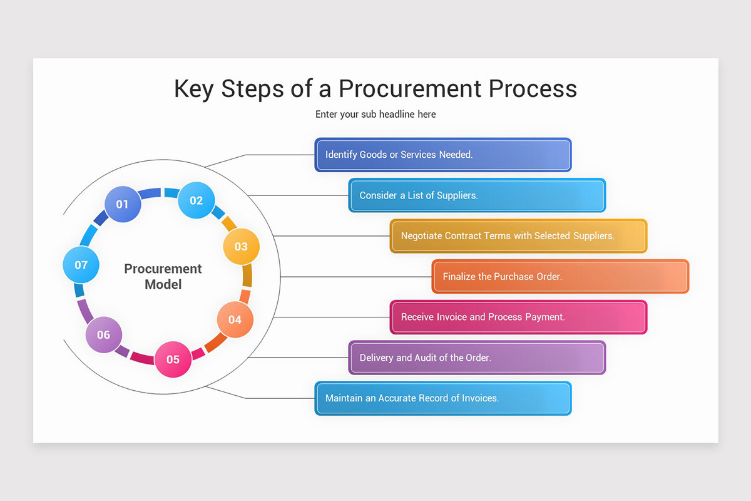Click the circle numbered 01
point(122,204)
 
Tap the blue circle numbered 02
point(196,200)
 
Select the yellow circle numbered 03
point(241,246)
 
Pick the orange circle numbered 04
point(235,319)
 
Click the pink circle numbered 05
point(173,359)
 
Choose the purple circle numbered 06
point(103,334)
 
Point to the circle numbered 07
point(81,264)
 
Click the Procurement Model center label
point(163,276)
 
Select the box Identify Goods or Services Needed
point(442,155)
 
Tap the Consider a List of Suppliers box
point(477,195)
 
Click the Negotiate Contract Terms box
point(518,236)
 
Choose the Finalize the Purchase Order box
point(560,276)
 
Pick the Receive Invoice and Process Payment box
point(518,317)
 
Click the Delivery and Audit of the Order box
point(477,358)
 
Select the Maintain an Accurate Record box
point(442,398)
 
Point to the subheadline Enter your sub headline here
point(375,114)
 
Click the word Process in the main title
point(533,89)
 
